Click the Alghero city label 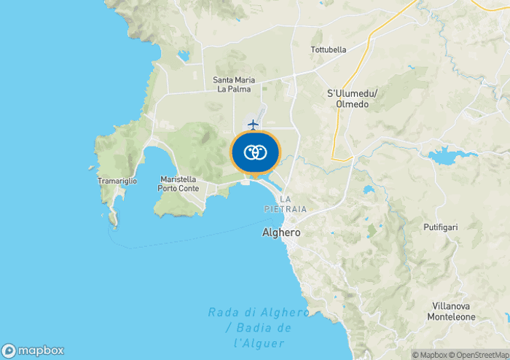[x=280, y=233]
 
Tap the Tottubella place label [x=329, y=50]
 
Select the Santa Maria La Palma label [x=232, y=85]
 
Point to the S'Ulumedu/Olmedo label [x=351, y=98]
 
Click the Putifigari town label [x=440, y=227]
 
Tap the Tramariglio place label [x=117, y=180]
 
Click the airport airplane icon [x=253, y=125]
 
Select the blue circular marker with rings [x=254, y=153]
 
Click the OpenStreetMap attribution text [x=482, y=355]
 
